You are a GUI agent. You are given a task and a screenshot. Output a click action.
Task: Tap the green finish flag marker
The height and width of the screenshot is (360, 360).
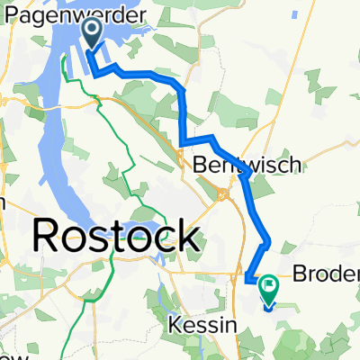269,290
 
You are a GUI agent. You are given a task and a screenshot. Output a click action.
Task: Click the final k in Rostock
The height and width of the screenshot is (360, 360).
187,236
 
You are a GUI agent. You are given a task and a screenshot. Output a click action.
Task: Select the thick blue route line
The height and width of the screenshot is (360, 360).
184,108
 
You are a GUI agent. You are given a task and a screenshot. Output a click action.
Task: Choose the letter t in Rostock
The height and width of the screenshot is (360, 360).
122,237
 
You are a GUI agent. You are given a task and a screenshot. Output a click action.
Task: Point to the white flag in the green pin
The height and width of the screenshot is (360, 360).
269,287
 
